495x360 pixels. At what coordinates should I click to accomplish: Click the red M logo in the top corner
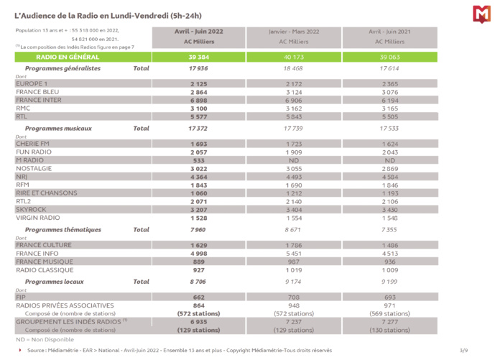pyautogui.click(x=481, y=13)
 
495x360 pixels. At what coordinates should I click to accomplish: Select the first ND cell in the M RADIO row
pyautogui.click(x=293, y=159)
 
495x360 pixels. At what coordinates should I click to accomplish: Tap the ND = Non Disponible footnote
pyautogui.click(x=40, y=338)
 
